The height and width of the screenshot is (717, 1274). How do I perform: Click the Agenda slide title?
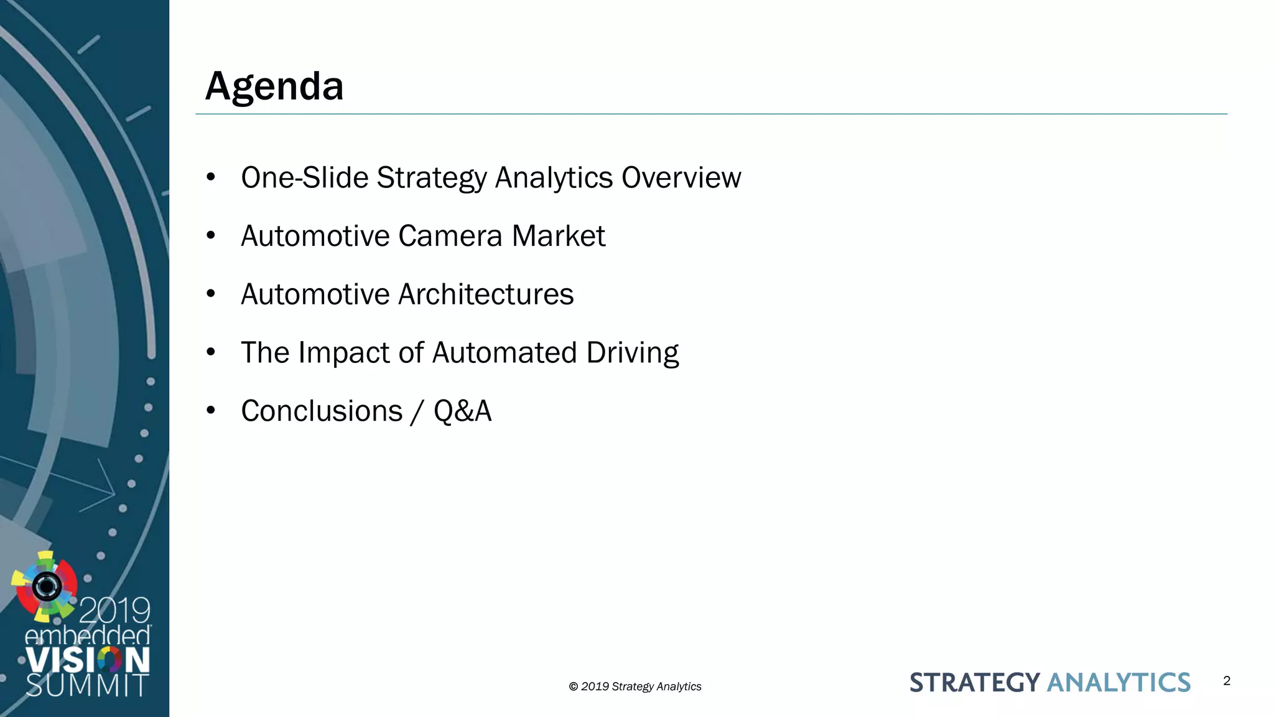point(274,86)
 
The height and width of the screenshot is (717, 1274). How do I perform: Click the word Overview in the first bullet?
point(681,177)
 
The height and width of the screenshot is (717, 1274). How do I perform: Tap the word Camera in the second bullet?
point(450,236)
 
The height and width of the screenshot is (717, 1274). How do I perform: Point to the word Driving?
point(632,353)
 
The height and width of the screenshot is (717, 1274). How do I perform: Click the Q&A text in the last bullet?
point(462,411)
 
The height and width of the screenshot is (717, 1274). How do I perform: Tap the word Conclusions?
point(322,411)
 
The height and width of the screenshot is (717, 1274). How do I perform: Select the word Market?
point(558,236)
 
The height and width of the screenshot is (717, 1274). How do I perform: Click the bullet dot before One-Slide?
point(211,177)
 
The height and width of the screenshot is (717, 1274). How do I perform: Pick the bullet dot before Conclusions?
point(211,411)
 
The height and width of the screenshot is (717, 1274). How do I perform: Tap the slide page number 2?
point(1226,681)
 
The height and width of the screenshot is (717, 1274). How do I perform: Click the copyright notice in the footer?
point(635,687)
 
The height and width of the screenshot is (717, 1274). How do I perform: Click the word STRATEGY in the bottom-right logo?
point(974,683)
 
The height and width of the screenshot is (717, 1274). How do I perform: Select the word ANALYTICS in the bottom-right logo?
point(1118,683)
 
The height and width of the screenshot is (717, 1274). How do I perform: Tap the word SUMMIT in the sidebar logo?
point(87,686)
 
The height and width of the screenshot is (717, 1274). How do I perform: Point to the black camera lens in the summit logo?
point(47,586)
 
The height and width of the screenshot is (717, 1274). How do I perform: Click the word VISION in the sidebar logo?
point(87,660)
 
